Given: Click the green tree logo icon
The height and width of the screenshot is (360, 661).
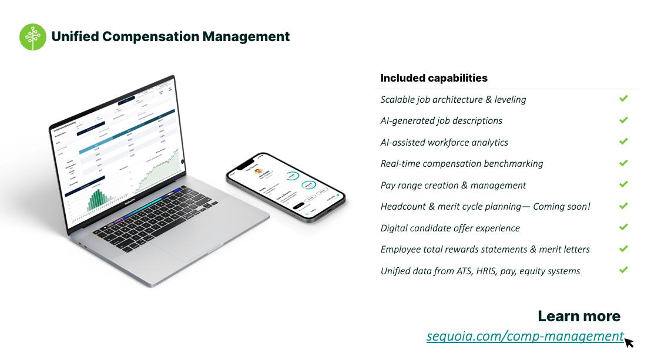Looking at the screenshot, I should (33, 36).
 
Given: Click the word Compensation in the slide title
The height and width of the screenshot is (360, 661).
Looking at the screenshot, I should (151, 36).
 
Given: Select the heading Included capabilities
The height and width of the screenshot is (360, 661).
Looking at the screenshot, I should (434, 78).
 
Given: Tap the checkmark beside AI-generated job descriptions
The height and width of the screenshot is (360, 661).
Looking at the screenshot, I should (623, 120).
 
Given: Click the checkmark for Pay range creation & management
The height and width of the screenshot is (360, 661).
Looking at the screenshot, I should (623, 184).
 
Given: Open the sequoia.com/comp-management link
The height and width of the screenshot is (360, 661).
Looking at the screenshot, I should (525, 337).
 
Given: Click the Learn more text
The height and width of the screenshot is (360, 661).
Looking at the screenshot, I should (579, 317).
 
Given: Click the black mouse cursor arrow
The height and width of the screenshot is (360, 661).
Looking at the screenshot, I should (629, 342).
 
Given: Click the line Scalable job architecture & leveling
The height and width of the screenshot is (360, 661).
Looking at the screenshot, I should (453, 100).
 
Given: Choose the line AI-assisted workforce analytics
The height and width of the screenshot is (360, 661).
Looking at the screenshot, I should (444, 143).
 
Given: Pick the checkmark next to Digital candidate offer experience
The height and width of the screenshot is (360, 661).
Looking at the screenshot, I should (623, 227).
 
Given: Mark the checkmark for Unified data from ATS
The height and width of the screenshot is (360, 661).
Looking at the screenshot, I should (623, 270).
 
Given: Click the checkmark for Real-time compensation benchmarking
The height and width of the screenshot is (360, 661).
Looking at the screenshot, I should (623, 163).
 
